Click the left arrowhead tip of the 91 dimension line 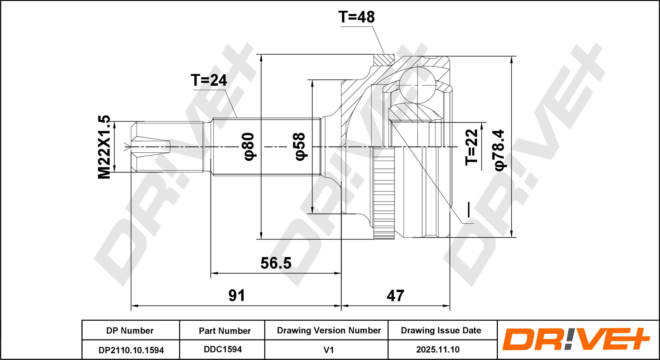[131, 306]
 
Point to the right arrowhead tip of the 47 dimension [450, 306]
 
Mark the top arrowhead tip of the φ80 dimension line [261, 55]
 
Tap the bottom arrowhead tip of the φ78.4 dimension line [511, 237]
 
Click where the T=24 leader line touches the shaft [237, 118]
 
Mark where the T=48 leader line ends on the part [385, 54]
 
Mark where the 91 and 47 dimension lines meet [341, 306]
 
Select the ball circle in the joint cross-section [417, 85]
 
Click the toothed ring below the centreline [384, 193]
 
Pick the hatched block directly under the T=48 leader [384, 60]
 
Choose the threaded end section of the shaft [167, 147]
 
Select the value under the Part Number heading [223, 349]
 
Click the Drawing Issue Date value [438, 349]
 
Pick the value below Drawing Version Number [328, 350]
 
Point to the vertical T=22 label [471, 147]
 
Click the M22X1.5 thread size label [104, 147]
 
